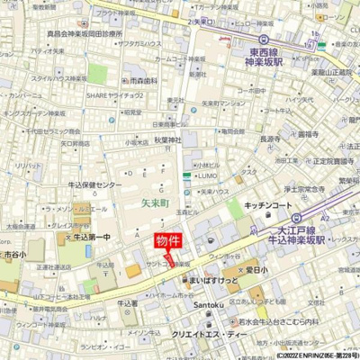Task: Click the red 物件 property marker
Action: (167, 240)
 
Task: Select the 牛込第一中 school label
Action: (89, 237)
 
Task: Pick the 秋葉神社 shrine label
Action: (167, 139)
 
